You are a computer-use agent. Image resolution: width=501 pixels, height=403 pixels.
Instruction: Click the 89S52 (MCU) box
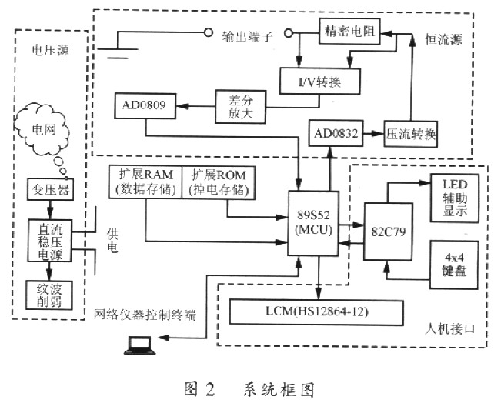pyautogui.click(x=313, y=223)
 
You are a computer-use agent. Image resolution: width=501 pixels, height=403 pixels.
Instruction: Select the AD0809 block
pyautogui.click(x=145, y=105)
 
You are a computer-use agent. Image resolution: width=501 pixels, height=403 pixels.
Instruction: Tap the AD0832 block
pyautogui.click(x=336, y=133)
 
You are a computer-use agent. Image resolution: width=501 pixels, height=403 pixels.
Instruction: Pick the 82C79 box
pyautogui.click(x=388, y=231)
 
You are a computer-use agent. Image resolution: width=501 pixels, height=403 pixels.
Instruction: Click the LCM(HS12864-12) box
pyautogui.click(x=316, y=312)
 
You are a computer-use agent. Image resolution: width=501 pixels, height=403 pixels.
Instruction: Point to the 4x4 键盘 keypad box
pyautogui.click(x=454, y=265)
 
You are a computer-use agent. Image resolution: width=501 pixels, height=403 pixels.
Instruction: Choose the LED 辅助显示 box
pyautogui.click(x=455, y=198)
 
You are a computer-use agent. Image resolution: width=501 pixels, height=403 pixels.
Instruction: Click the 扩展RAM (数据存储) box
pyautogui.click(x=145, y=182)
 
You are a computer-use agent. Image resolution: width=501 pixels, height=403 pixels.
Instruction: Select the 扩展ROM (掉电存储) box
pyautogui.click(x=219, y=182)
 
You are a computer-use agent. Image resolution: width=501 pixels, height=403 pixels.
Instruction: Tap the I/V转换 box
pyautogui.click(x=320, y=81)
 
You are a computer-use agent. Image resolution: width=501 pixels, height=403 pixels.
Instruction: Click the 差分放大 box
pyautogui.click(x=241, y=107)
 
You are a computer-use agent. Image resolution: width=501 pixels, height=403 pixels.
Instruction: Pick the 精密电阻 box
pyautogui.click(x=349, y=32)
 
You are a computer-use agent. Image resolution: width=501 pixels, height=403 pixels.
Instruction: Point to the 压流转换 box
pyautogui.click(x=411, y=134)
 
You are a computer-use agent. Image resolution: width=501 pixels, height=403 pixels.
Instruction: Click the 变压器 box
pyautogui.click(x=50, y=189)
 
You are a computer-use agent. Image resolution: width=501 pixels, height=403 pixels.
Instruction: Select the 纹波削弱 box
pyautogui.click(x=49, y=295)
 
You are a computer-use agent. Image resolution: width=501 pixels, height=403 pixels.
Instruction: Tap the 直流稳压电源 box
pyautogui.click(x=49, y=241)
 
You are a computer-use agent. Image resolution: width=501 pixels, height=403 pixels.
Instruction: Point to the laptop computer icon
pyautogui.click(x=139, y=345)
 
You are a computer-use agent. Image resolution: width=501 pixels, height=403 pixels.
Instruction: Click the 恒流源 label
pyautogui.click(x=443, y=39)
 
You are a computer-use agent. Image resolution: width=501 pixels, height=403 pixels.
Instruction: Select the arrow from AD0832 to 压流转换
pyautogui.click(x=373, y=134)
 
